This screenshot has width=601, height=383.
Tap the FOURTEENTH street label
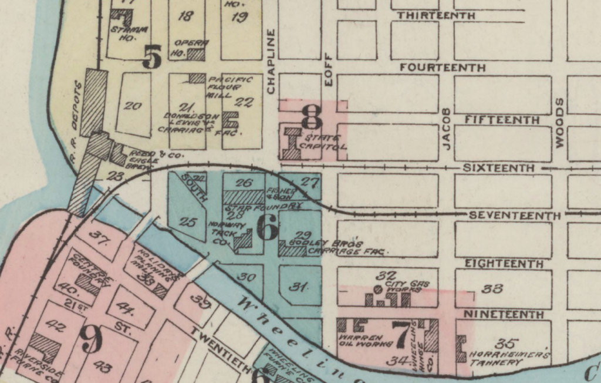click(443, 68)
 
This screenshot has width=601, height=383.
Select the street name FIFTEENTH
click(502, 120)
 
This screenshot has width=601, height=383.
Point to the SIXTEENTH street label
click(498, 168)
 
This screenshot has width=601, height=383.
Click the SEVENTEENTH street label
click(515, 216)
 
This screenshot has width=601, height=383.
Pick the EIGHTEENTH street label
click(504, 264)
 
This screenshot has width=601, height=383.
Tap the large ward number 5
click(152, 58)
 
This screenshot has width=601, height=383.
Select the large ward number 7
click(402, 335)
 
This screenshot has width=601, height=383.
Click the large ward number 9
click(91, 340)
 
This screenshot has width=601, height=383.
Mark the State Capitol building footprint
click(292, 144)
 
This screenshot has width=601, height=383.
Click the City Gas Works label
click(407, 286)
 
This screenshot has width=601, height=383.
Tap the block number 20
click(133, 106)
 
